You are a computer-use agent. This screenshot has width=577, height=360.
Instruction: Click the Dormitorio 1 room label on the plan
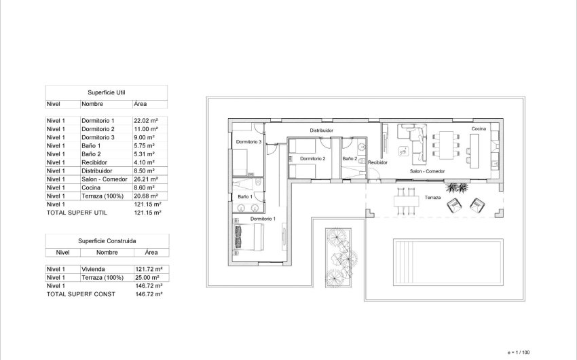coord(263,219)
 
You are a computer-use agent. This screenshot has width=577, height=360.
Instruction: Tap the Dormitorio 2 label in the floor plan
coord(313,158)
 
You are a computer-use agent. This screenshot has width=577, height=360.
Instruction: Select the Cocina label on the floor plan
coord(479,128)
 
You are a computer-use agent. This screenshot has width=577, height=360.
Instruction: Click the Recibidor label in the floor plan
coord(377,163)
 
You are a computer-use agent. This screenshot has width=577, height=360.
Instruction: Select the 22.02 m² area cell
coord(146,120)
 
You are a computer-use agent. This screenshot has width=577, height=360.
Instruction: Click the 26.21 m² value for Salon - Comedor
coord(146,179)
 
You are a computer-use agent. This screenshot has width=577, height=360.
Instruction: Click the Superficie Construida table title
coord(107,240)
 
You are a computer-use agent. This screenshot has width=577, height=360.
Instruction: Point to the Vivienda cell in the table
coord(93,269)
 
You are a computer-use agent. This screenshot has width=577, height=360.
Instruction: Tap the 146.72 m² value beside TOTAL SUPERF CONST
coord(149,294)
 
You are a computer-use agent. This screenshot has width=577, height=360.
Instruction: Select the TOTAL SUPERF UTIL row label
coord(76,213)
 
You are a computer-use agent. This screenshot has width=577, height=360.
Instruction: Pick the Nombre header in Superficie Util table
coord(92,104)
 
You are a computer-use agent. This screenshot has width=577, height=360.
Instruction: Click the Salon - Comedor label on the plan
coord(427,171)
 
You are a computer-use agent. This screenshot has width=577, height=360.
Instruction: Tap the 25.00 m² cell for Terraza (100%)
coord(147,277)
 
